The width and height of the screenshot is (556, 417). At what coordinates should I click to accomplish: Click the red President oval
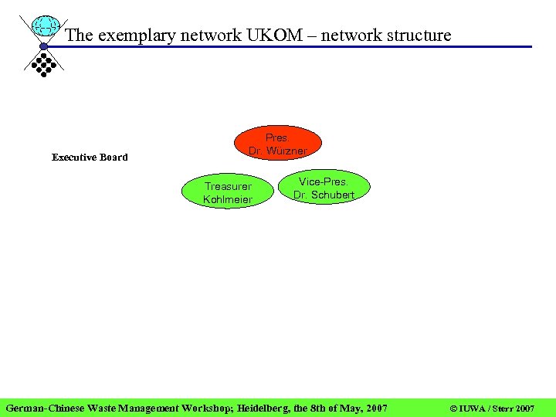point(277,144)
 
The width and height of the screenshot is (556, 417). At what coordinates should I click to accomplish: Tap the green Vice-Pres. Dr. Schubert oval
point(324,188)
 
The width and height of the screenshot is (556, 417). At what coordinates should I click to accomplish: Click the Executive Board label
point(90,158)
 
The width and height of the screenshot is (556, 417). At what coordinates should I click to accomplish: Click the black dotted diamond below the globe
point(44,63)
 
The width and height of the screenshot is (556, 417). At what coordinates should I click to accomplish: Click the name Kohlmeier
point(228,200)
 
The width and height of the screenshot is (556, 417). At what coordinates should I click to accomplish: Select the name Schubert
point(333,195)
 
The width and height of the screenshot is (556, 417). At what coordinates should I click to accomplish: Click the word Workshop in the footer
point(208,407)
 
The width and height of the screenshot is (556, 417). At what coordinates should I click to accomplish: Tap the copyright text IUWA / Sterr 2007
point(492,407)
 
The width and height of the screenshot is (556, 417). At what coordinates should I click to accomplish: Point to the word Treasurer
point(228,186)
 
